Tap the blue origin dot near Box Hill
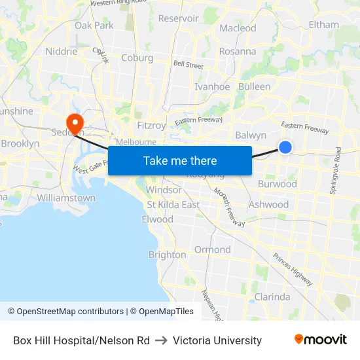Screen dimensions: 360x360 click(x=285, y=147)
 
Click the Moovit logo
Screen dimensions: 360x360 click(x=320, y=340)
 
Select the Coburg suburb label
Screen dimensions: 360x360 click(x=137, y=58)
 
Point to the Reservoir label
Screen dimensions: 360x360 click(x=178, y=18)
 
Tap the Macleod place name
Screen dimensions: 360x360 click(x=238, y=28)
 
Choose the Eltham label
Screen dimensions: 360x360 click(x=323, y=25)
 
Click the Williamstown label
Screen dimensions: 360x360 click(x=66, y=198)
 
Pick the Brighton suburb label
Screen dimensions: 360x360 click(x=167, y=255)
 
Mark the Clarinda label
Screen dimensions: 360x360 click(x=272, y=297)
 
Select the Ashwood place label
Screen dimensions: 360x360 click(x=268, y=205)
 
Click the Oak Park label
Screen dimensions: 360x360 click(x=94, y=26)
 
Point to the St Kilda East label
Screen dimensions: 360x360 click(x=173, y=205)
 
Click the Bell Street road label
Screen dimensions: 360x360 click(x=188, y=65)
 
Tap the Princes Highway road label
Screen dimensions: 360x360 click(x=292, y=269)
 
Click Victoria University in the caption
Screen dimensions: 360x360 click(x=217, y=340)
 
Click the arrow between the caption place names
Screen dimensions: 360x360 click(x=161, y=340)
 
